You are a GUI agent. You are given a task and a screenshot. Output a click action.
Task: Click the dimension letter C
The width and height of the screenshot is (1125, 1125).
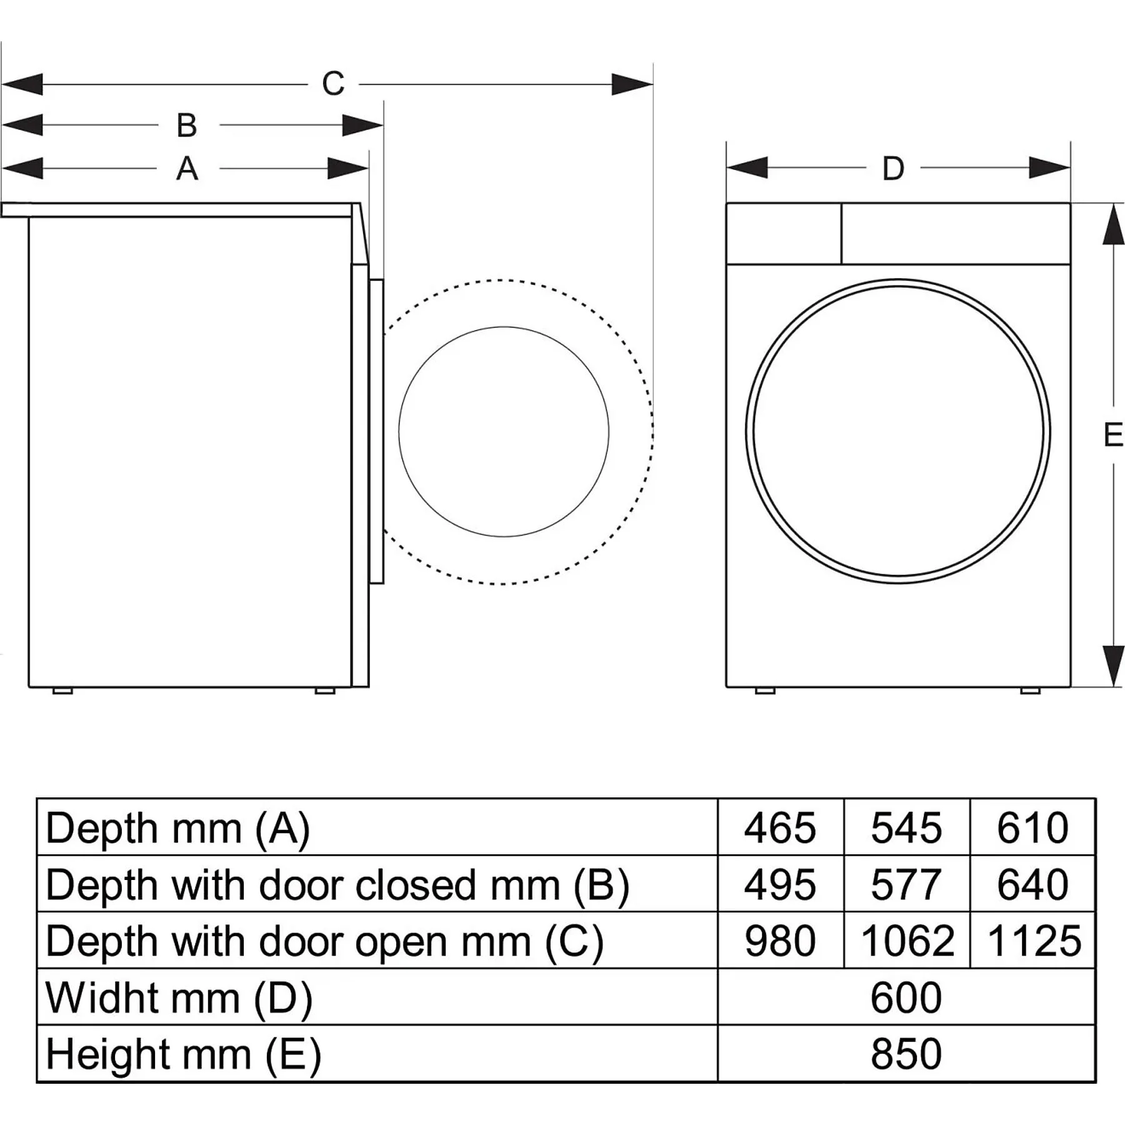point(333,84)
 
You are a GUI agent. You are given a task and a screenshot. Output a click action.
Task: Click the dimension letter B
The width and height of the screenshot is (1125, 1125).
point(187,126)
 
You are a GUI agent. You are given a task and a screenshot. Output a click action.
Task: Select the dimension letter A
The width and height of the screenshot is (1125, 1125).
point(187,169)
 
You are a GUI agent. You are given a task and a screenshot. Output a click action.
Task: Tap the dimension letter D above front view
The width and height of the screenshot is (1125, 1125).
point(893,169)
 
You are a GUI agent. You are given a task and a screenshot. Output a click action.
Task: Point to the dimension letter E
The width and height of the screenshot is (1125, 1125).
point(1112,435)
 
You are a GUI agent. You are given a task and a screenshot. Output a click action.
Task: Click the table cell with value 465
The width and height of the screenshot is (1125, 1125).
point(780,828)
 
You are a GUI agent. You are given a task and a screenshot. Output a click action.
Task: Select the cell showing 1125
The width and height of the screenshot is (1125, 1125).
point(1034,941)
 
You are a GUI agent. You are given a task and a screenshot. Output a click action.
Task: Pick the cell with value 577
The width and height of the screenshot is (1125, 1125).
point(906,884)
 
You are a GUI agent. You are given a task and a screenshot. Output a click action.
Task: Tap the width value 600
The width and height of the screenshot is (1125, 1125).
point(906,997)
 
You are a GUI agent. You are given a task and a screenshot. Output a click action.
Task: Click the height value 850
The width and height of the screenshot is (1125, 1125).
point(906,1054)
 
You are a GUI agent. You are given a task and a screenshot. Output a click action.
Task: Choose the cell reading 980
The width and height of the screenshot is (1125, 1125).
point(780,941)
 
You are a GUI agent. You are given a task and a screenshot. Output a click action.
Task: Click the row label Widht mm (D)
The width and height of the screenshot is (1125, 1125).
point(179,997)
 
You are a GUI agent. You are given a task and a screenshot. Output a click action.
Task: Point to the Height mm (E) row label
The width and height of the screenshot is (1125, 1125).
point(183,1054)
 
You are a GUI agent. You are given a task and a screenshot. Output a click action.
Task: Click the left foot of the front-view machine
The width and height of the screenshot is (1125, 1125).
point(765,691)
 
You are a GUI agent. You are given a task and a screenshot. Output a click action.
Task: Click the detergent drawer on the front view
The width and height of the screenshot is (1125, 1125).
point(784,234)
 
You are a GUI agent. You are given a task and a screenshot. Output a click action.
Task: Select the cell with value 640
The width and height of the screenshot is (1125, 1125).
point(1032,884)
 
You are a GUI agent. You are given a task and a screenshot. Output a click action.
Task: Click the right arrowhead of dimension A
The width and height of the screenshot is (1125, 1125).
point(348,169)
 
